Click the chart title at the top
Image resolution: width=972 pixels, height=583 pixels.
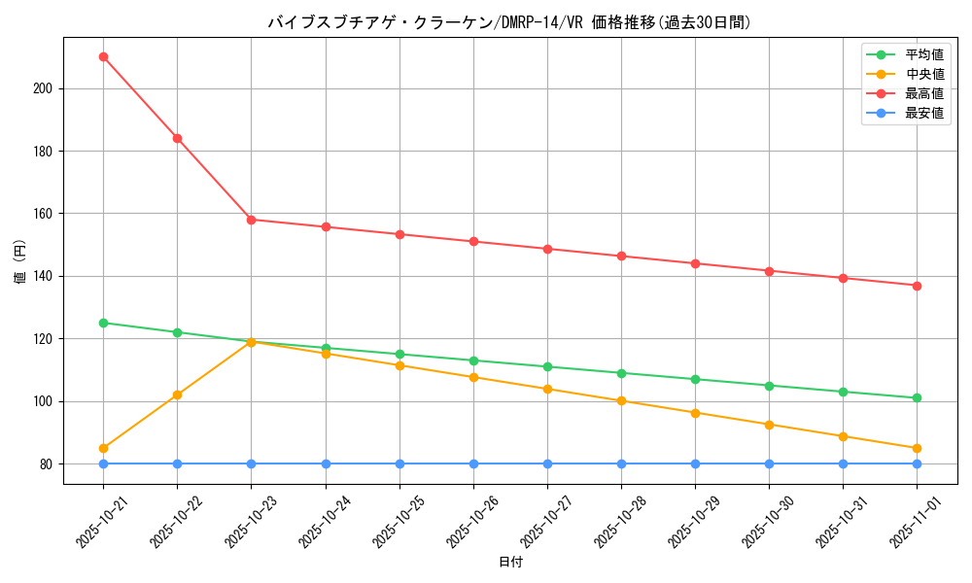tap(509, 22)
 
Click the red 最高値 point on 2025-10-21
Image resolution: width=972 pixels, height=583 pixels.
tap(103, 56)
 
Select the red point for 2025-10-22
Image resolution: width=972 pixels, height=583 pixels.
tap(177, 138)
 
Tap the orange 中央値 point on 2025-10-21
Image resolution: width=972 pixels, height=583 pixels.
tap(103, 448)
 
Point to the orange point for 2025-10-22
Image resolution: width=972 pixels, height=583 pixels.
tap(177, 394)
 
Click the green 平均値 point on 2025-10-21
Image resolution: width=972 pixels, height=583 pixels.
tap(103, 323)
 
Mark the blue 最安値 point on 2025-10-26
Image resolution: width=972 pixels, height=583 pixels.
tap(473, 463)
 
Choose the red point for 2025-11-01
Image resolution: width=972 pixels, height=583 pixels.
tap(917, 286)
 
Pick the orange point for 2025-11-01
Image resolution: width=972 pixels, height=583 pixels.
tap(917, 448)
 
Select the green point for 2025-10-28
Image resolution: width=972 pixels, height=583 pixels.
tap(621, 373)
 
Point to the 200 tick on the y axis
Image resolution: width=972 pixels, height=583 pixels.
tap(43, 88)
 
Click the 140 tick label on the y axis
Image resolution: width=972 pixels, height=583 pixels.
tap(43, 276)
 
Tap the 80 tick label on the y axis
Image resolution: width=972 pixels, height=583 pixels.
tap(46, 463)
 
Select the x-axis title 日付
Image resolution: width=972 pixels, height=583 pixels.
tap(509, 563)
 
